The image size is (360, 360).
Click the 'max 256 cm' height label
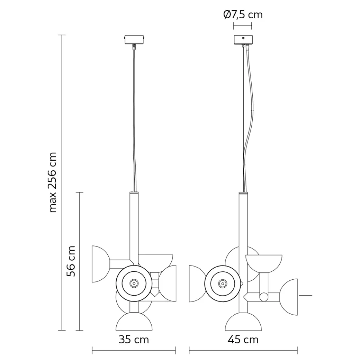click(53, 182)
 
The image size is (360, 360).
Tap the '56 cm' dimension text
click(72, 261)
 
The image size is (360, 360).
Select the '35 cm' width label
click(134, 340)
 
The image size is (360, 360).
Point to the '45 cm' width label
click(243, 340)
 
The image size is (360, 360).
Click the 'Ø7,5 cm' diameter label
click(243, 15)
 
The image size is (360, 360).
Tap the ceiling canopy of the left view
click(135, 39)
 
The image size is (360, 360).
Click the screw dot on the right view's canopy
click(243, 38)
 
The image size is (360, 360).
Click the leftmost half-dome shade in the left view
click(100, 264)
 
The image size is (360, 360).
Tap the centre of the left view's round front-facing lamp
click(134, 283)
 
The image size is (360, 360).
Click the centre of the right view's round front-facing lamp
click(223, 283)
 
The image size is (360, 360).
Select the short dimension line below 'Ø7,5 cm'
click(243, 25)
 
